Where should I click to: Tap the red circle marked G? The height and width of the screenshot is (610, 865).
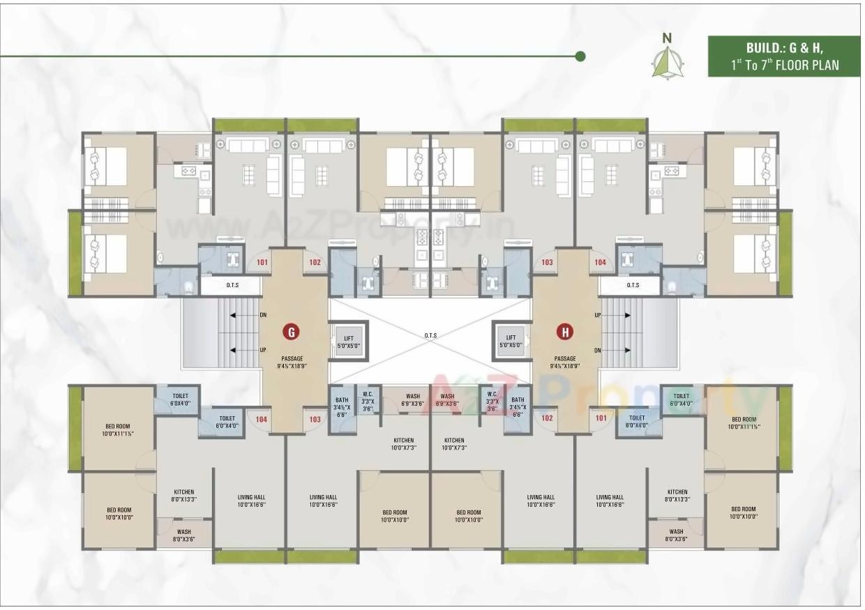(x=291, y=332)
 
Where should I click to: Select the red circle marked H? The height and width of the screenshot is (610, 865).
(x=564, y=332)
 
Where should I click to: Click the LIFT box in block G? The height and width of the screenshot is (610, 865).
(x=348, y=342)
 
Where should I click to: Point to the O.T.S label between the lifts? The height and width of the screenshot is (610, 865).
(x=431, y=335)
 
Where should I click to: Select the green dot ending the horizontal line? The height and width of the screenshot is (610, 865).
(x=580, y=56)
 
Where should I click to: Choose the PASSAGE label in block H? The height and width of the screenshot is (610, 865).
(x=565, y=358)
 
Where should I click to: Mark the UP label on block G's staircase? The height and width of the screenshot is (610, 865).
(x=263, y=349)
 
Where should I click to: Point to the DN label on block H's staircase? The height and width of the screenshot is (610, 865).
(x=597, y=349)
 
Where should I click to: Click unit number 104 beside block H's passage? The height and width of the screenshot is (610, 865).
(x=599, y=262)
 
